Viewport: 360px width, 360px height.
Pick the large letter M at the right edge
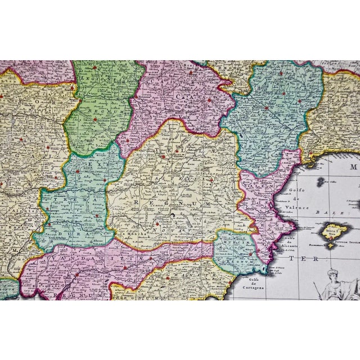pos(354,166)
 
